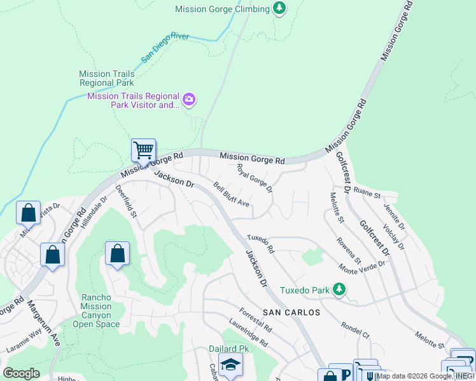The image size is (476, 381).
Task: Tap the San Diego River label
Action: [x=165, y=48]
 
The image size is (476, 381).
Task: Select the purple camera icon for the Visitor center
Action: [x=189, y=100]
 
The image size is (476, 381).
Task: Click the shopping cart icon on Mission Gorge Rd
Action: [x=144, y=151]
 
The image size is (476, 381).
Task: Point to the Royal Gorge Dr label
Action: [x=255, y=178]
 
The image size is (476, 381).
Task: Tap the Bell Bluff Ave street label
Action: [x=232, y=199]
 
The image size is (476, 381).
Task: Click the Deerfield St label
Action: [x=126, y=201]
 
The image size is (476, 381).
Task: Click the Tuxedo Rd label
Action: [x=260, y=242]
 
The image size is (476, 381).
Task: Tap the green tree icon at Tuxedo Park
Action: [x=340, y=290]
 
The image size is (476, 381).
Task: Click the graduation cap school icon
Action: [x=230, y=364]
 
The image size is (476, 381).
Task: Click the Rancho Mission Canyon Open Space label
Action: [x=96, y=311]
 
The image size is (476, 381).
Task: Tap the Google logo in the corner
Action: [x=21, y=373]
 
